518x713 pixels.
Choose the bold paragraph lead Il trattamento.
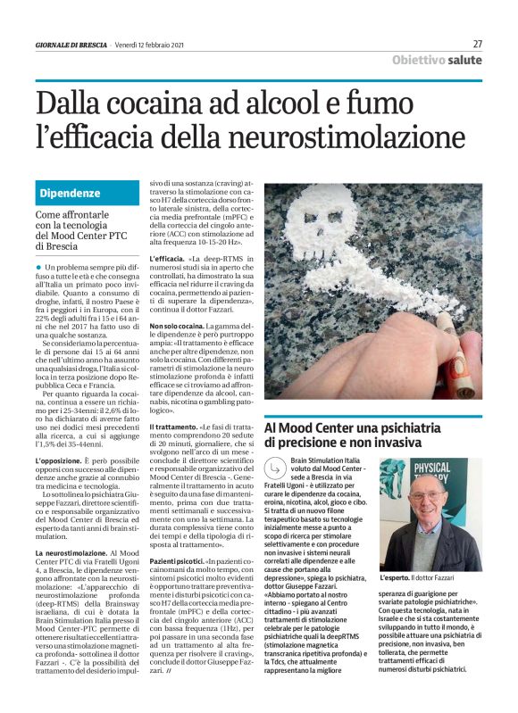tap(174, 428)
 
